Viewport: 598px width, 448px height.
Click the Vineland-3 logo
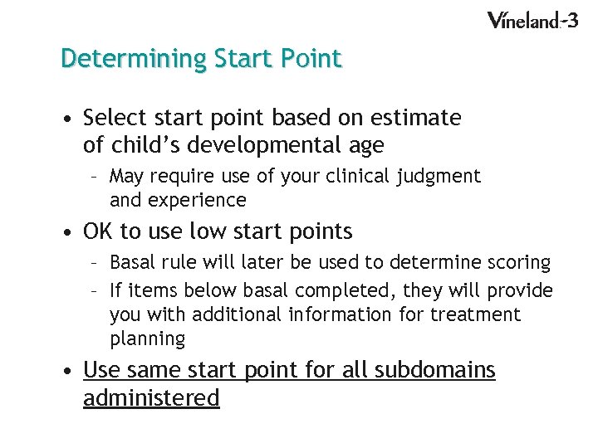tap(532, 21)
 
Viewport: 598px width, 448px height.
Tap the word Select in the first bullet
tap(114, 118)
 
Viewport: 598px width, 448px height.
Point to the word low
tap(209, 231)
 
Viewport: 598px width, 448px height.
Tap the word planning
tap(148, 338)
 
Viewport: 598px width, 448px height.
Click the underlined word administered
tap(151, 398)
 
